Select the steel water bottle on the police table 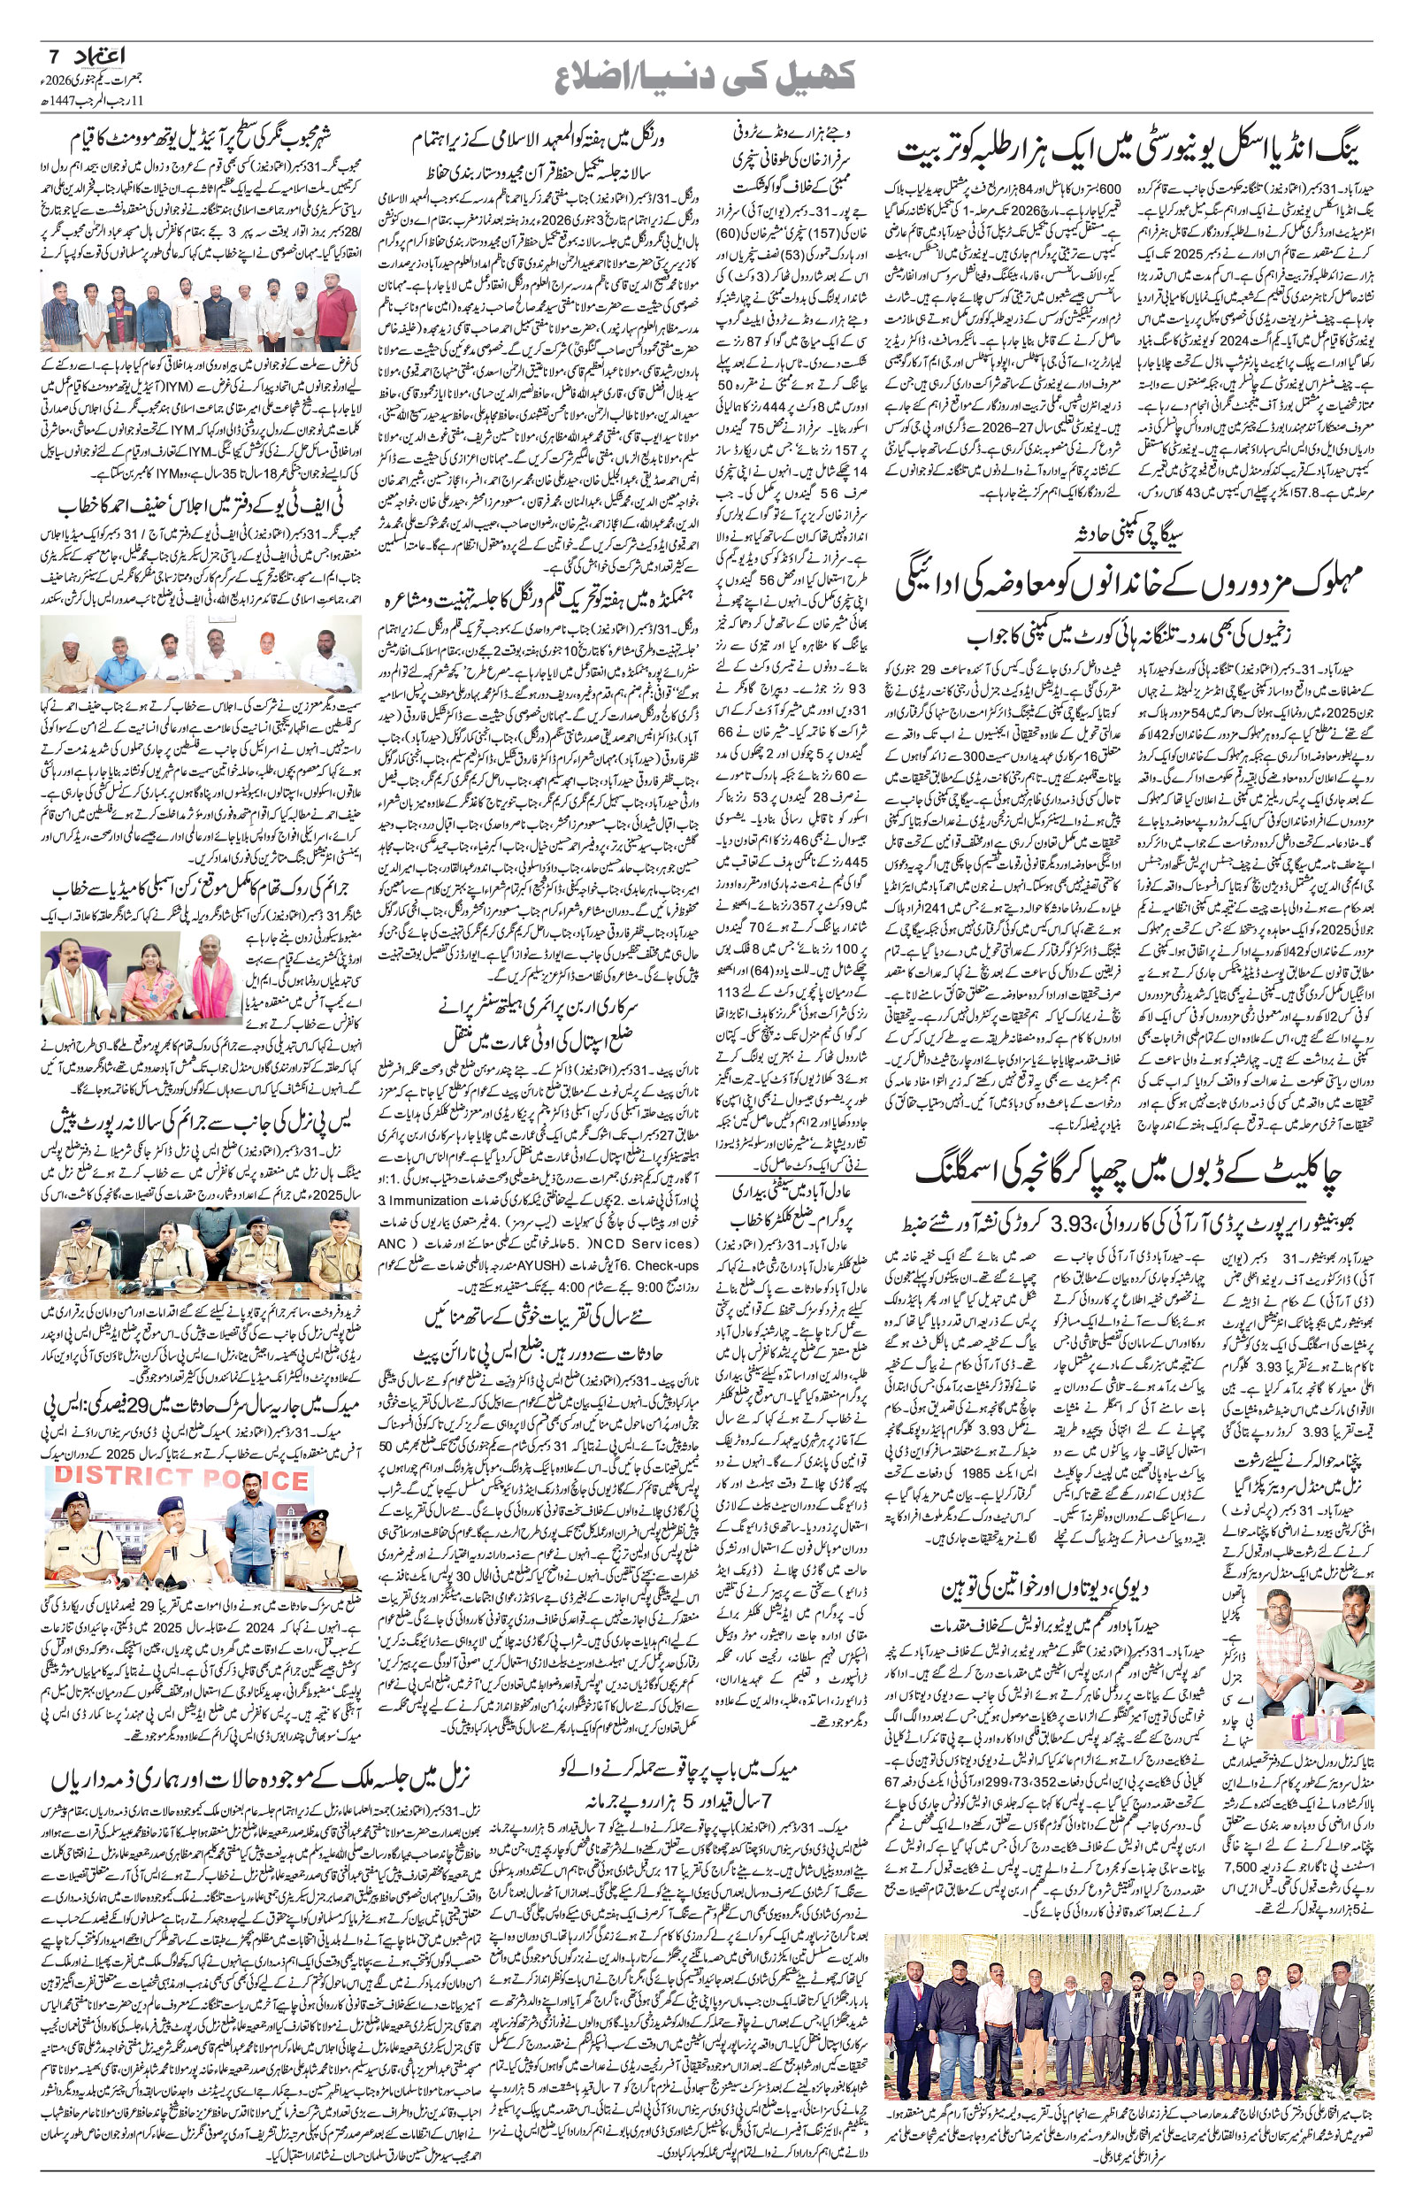click(x=279, y=1570)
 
